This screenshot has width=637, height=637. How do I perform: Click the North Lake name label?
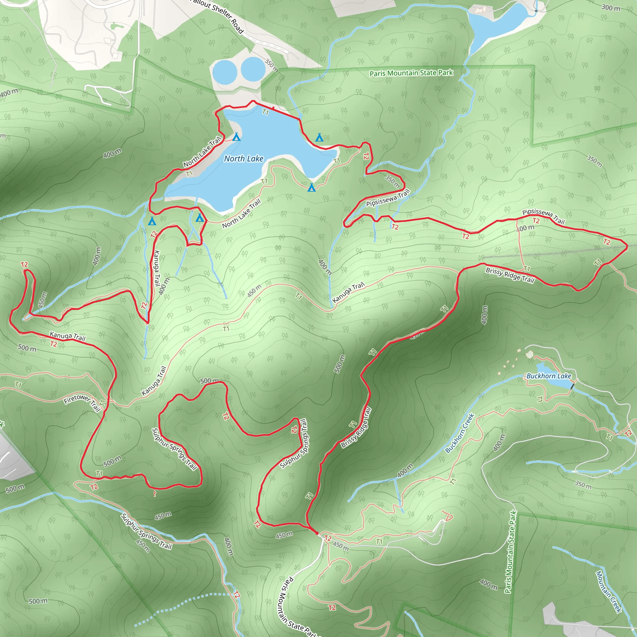(244, 159)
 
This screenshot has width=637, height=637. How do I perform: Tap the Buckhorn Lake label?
(549, 376)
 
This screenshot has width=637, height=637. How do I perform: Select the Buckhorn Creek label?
(460, 433)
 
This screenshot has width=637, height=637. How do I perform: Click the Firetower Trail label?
(82, 402)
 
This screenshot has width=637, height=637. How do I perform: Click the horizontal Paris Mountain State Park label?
(411, 73)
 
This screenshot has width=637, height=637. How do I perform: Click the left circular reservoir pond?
(225, 72)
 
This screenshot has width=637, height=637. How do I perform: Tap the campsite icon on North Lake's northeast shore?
(319, 137)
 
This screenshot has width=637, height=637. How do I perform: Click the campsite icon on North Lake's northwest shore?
(236, 137)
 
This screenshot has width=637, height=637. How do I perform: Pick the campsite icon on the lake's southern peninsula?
(311, 188)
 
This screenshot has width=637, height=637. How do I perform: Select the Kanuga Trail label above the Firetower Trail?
(67, 336)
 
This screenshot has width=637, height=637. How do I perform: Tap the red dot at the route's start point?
(317, 533)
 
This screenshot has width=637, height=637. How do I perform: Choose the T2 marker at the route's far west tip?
(24, 265)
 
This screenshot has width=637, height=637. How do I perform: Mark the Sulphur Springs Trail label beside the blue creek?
(146, 532)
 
